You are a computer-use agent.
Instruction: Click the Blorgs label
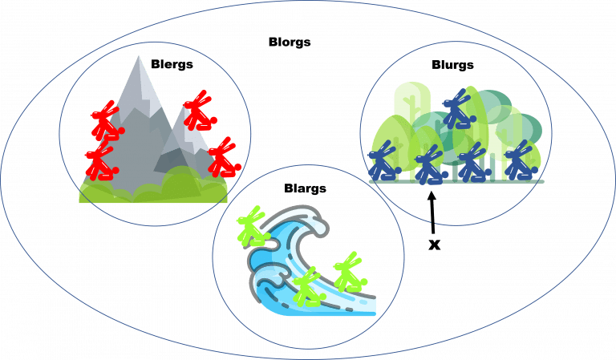tap(290, 42)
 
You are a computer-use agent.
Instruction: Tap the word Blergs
tap(172, 64)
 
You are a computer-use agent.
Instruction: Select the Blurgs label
tap(452, 65)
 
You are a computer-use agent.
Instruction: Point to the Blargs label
tap(306, 188)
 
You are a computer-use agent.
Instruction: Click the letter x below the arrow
tap(434, 245)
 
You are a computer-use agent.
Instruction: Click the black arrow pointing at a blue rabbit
tap(432, 212)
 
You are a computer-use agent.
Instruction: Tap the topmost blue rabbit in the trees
tap(459, 109)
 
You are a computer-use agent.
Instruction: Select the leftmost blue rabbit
tap(384, 160)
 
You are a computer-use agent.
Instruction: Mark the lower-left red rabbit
tap(102, 161)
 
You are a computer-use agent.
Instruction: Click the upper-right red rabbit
tap(200, 111)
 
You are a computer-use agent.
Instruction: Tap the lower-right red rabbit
tap(224, 157)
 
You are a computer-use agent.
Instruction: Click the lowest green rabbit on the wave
tap(309, 287)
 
